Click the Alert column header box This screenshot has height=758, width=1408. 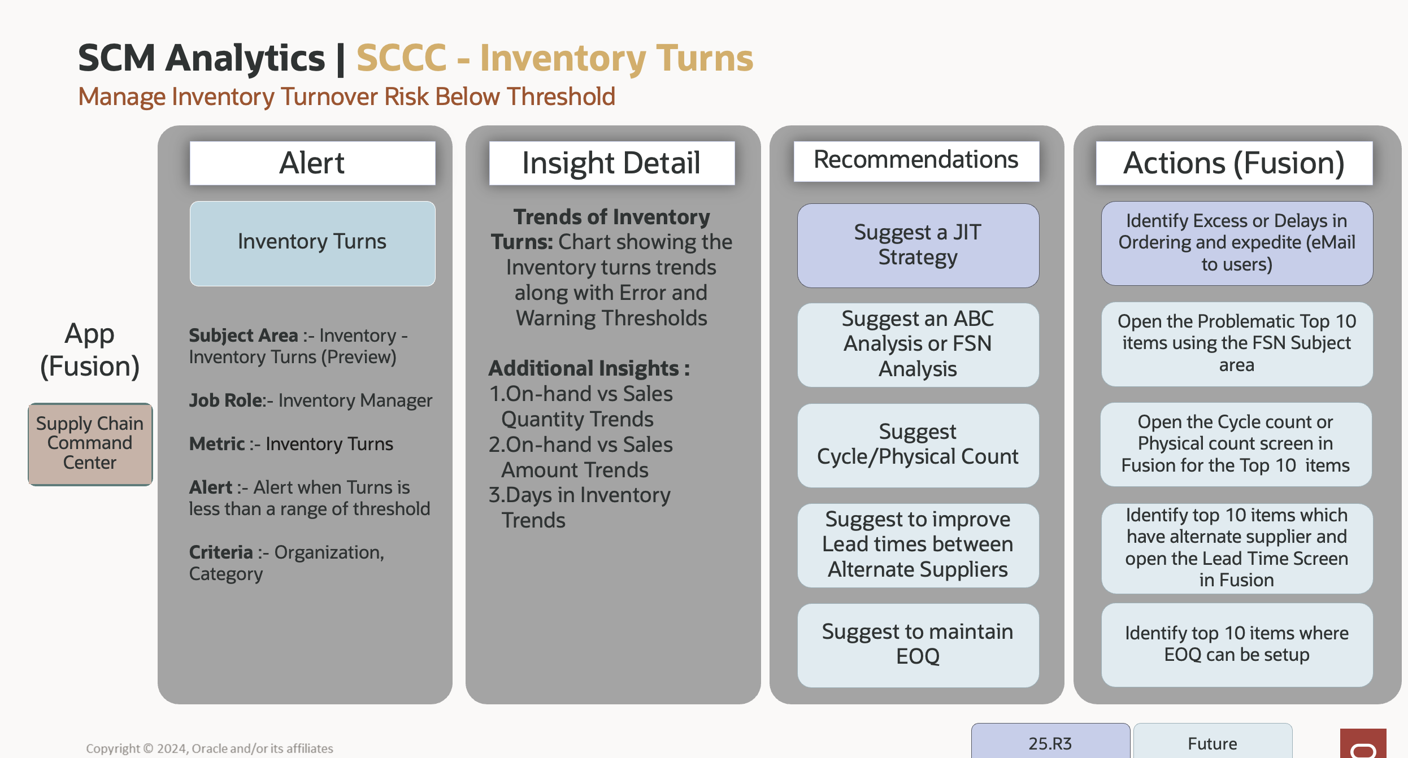pos(312,163)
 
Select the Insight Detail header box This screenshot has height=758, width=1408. pos(611,163)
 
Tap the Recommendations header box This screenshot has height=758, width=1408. pos(916,160)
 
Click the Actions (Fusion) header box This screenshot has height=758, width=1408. pos(1234,163)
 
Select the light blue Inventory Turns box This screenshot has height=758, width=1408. pos(312,243)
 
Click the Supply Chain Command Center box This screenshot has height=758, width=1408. pos(90,444)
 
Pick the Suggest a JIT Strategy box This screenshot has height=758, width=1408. pos(918,245)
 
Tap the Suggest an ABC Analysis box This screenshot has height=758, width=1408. pos(918,345)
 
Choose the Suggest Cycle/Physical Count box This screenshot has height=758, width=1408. pos(918,445)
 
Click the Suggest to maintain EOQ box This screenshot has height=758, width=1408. pos(918,644)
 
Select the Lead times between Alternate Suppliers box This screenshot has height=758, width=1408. pos(918,545)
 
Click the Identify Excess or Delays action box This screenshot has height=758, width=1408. pos(1236,243)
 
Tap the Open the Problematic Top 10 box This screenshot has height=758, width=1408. pos(1236,343)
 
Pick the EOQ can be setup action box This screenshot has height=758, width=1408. pos(1236,644)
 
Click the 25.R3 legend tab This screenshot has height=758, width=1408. pos(1050,742)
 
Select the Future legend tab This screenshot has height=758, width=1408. pos(1213,742)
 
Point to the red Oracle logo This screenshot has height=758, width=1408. pos(1363,744)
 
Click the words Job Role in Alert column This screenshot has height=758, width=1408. pos(226,400)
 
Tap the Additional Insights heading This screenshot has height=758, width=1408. pos(589,368)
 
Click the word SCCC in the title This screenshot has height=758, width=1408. pos(402,58)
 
